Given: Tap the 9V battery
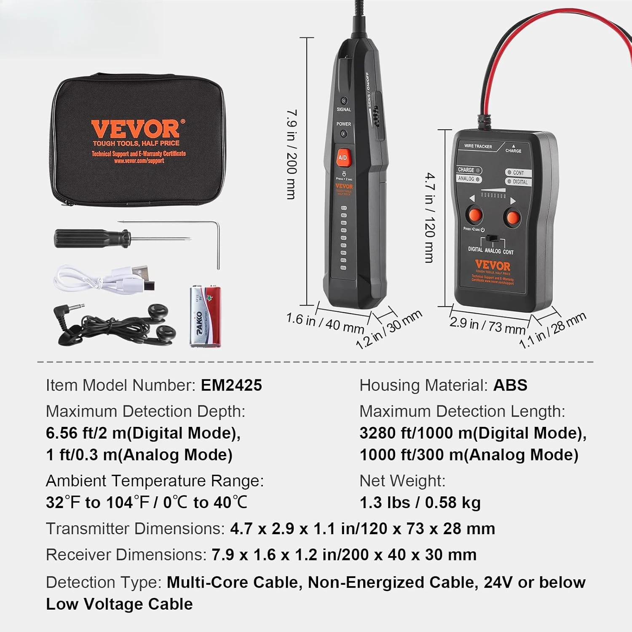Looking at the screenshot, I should click(205, 316).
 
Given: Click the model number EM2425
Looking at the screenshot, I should click(231, 385).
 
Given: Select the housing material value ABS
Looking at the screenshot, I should click(510, 385).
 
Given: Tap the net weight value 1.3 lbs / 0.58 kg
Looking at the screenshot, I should click(420, 502).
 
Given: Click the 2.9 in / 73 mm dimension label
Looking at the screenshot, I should click(487, 325).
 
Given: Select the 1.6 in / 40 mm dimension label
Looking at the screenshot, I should click(325, 323).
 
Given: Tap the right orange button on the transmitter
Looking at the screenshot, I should click(512, 218).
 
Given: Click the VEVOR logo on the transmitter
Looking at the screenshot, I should click(493, 265).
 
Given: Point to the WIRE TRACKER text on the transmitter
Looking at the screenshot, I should click(478, 146).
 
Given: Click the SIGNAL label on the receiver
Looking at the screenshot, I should click(344, 110).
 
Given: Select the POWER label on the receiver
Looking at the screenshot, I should click(344, 124).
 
